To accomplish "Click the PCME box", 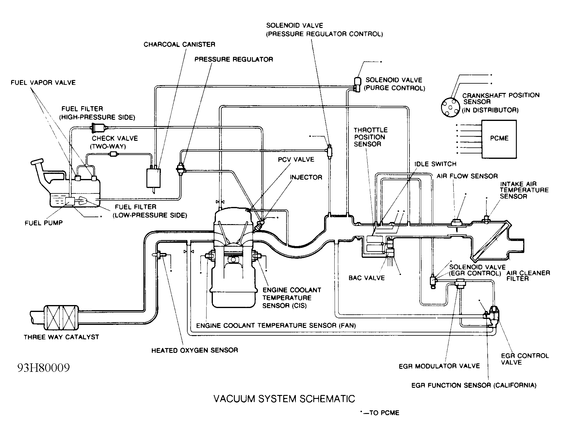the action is [499, 139].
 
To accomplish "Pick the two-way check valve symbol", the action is [113, 154].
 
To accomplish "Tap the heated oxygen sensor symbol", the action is [161, 255].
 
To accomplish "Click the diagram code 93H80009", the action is [44, 368].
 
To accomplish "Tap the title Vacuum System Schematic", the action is [284, 399].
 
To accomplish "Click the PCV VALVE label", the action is [296, 159].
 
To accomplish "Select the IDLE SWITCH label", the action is [435, 164].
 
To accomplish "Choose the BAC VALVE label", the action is [366, 278].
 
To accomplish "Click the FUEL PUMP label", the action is [44, 223].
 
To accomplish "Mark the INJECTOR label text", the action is [306, 177].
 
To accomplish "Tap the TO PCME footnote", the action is [380, 413].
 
